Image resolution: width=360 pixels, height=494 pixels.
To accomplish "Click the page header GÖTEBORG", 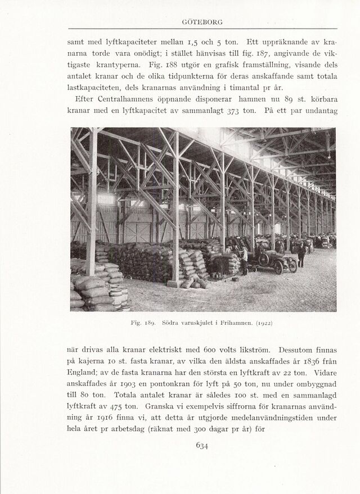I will pyautogui.click(x=202, y=22).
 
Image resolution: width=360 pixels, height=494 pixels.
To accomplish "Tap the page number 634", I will pyautogui.click(x=202, y=446).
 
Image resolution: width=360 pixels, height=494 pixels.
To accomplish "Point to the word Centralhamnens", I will pyautogui.click(x=121, y=99).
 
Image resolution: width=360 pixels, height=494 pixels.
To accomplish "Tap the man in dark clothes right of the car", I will pyautogui.click(x=301, y=255).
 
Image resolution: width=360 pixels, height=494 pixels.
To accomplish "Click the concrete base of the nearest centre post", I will pyautogui.click(x=174, y=283).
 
